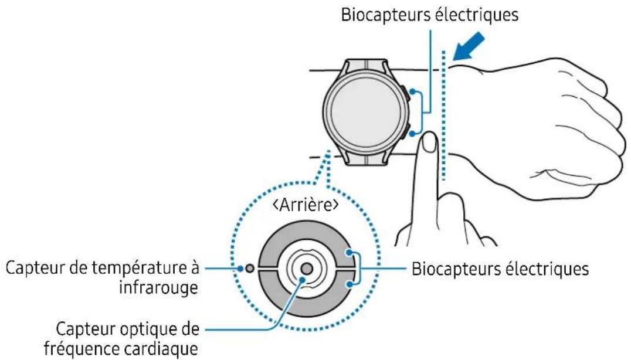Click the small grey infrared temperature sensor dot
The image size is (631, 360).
[250, 269]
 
